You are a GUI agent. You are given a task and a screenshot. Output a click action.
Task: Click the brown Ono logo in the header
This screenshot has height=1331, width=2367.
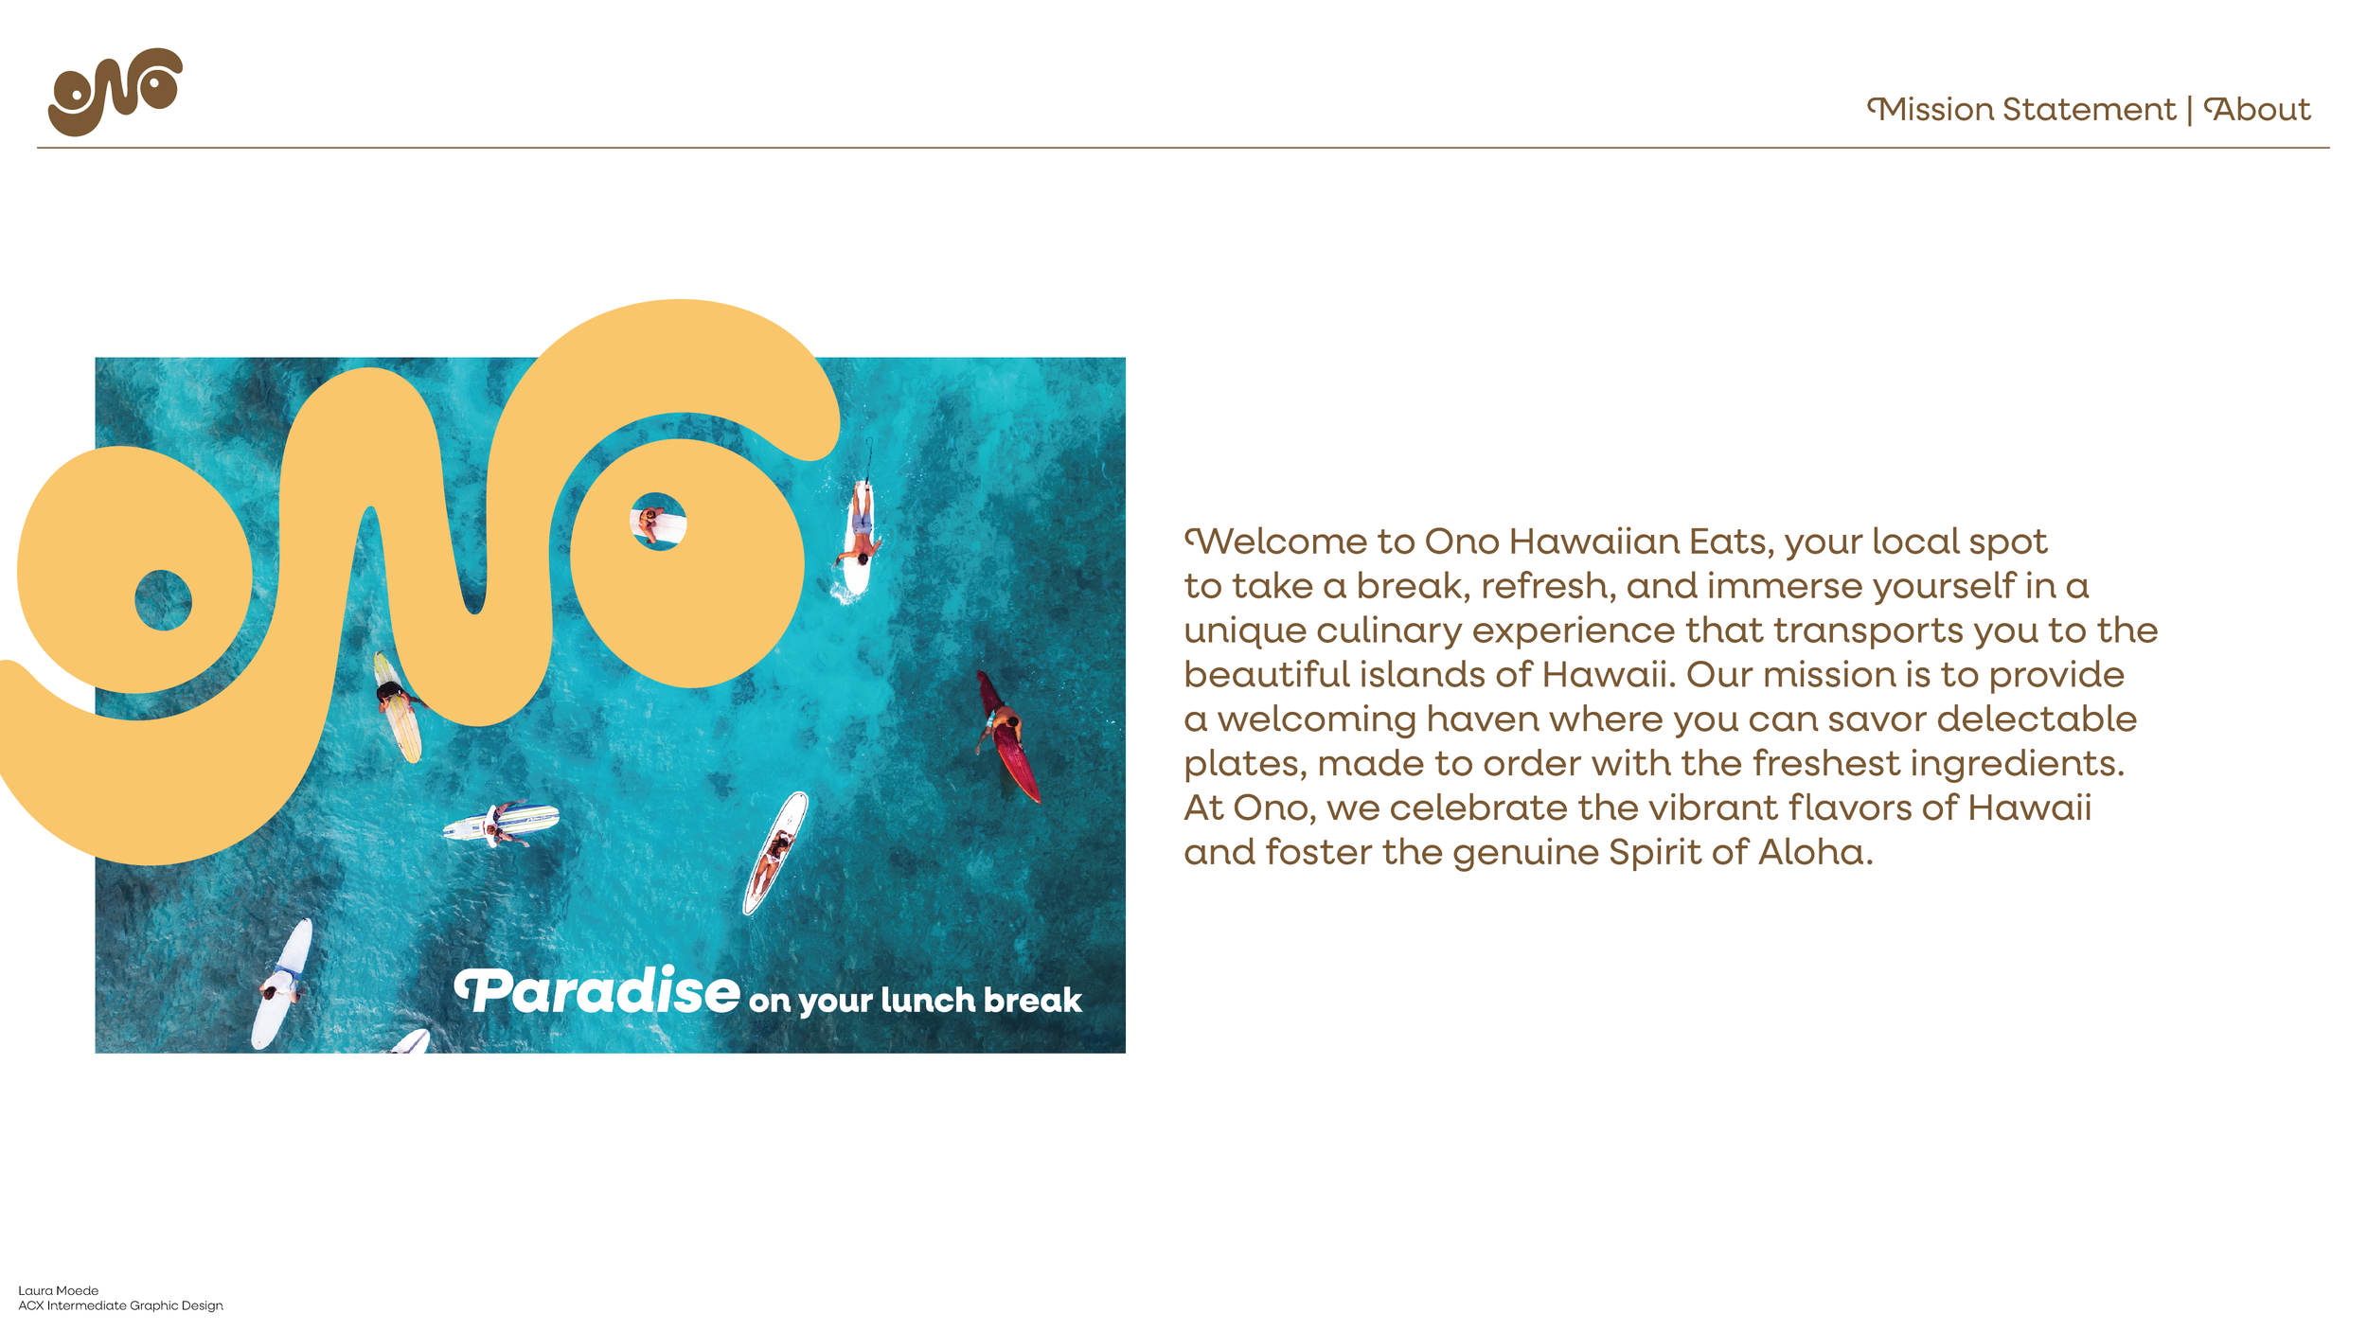coord(115,92)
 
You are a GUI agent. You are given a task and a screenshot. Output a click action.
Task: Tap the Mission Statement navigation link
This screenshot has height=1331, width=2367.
coord(2022,110)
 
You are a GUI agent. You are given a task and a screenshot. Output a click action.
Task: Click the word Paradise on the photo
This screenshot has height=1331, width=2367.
coord(598,992)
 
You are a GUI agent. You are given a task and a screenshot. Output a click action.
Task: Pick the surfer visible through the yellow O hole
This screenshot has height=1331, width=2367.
coord(652,522)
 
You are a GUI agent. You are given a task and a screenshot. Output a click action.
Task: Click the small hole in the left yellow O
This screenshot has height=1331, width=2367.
coord(163,600)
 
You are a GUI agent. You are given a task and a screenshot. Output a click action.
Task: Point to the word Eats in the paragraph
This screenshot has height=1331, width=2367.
coord(1729,542)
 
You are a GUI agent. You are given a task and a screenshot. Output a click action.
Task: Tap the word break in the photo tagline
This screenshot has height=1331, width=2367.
coord(1032,1001)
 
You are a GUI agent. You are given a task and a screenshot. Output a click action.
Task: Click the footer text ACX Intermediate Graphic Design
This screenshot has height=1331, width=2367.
coord(121,1306)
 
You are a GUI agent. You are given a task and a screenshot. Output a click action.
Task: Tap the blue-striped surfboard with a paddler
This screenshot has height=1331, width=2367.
coord(502,822)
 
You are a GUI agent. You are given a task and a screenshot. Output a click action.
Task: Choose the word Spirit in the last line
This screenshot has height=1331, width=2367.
coord(1653,853)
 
